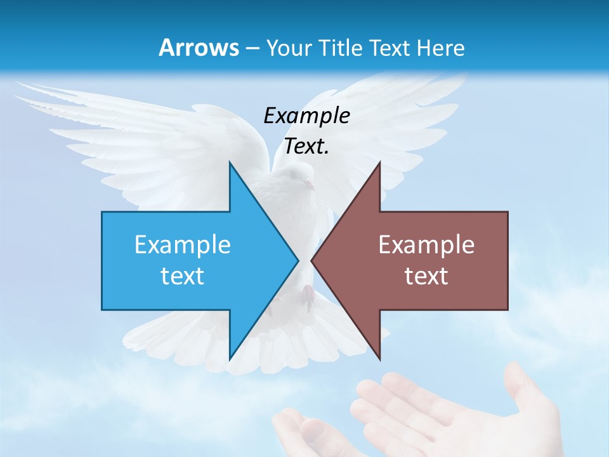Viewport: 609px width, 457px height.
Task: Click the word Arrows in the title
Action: (x=198, y=48)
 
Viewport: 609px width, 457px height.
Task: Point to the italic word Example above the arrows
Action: (x=306, y=116)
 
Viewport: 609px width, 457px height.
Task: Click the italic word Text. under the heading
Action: (x=306, y=147)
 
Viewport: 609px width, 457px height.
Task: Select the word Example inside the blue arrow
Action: (x=183, y=244)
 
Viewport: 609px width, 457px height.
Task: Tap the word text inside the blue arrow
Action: (x=183, y=275)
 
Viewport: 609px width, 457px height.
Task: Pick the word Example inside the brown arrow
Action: (x=426, y=244)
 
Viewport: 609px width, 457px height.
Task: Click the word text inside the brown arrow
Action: (x=426, y=275)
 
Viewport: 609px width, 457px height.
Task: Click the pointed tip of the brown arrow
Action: (x=312, y=260)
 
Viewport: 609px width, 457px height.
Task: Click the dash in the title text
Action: (x=252, y=48)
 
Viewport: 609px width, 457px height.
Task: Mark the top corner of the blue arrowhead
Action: (x=230, y=162)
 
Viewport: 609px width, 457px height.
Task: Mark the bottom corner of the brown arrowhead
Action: (x=379, y=359)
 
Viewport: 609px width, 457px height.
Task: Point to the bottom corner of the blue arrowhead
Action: (x=230, y=359)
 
